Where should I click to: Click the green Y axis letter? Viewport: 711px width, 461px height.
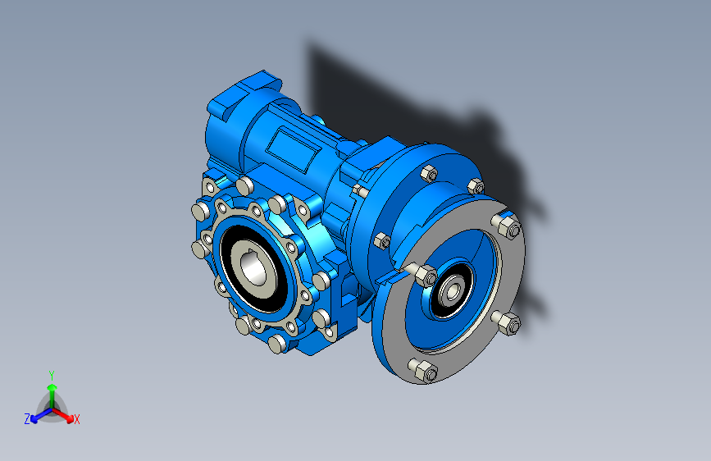[x=52, y=376]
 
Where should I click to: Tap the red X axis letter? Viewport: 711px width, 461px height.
[x=76, y=420]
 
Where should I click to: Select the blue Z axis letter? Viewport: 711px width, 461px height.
[x=27, y=419]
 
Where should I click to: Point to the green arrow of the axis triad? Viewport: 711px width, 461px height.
[x=52, y=395]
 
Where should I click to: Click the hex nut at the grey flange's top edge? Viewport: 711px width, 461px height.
[x=508, y=225]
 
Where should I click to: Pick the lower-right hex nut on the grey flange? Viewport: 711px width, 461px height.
[x=508, y=322]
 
